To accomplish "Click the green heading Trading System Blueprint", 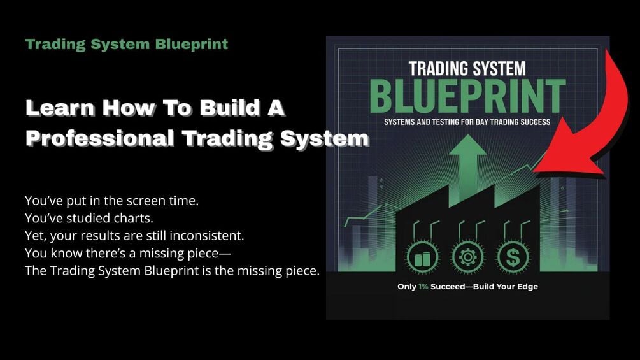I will (x=126, y=45).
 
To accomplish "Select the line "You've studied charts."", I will (x=80, y=218).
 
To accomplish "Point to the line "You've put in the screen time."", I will (x=112, y=201).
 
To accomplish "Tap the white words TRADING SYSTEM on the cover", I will (x=467, y=68).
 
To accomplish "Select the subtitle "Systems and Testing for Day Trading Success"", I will (x=467, y=122).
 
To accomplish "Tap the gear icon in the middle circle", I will (x=467, y=258).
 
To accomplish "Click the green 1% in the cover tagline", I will (x=423, y=287).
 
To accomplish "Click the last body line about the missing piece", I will (x=172, y=271).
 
